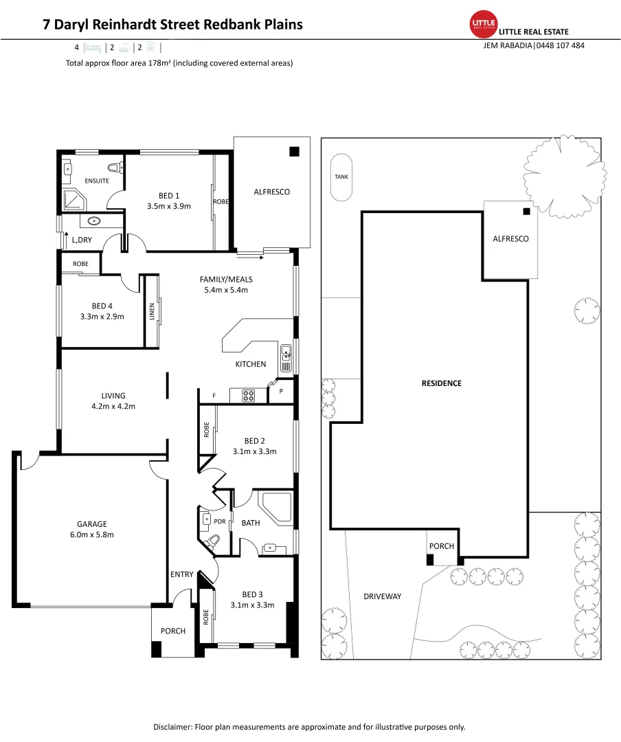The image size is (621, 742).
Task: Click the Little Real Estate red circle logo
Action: coord(484,25)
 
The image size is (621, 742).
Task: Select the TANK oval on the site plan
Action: coord(341,177)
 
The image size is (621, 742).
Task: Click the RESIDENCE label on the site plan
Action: coord(441,383)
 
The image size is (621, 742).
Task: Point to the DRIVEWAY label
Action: coord(382,596)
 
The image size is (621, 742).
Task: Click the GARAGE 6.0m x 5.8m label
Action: coord(91,529)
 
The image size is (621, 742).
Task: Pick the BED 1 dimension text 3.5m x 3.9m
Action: coord(168,205)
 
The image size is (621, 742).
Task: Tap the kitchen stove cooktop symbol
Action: coord(248,395)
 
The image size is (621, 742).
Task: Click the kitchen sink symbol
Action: coord(286,355)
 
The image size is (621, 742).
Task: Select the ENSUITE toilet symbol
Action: coord(115,166)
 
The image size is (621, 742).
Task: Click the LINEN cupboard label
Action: coord(152,312)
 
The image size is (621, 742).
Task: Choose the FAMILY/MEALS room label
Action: coord(226,284)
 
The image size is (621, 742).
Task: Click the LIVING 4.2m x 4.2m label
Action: coord(113,401)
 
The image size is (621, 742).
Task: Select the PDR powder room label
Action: coord(220,521)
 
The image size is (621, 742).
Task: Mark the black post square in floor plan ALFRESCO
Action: coord(294,152)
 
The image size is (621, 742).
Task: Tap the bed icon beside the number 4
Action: coord(93,47)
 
